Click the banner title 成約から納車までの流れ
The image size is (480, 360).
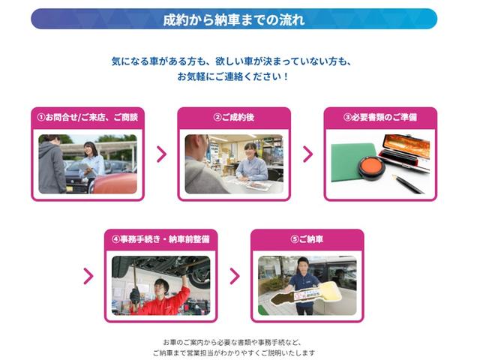pos(233,19)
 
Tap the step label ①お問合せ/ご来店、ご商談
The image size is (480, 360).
pos(88,118)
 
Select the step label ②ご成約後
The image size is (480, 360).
pos(234,118)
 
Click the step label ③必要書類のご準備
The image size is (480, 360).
pos(380,118)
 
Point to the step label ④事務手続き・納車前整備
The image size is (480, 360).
pos(160,239)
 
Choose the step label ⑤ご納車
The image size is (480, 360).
pos(307,239)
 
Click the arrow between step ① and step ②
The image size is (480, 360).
pos(161,154)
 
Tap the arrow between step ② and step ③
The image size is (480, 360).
pos(307,154)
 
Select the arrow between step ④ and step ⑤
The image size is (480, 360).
pos(234,276)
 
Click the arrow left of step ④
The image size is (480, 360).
pos(88,276)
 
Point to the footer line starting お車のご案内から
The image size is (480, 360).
pos(233,340)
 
